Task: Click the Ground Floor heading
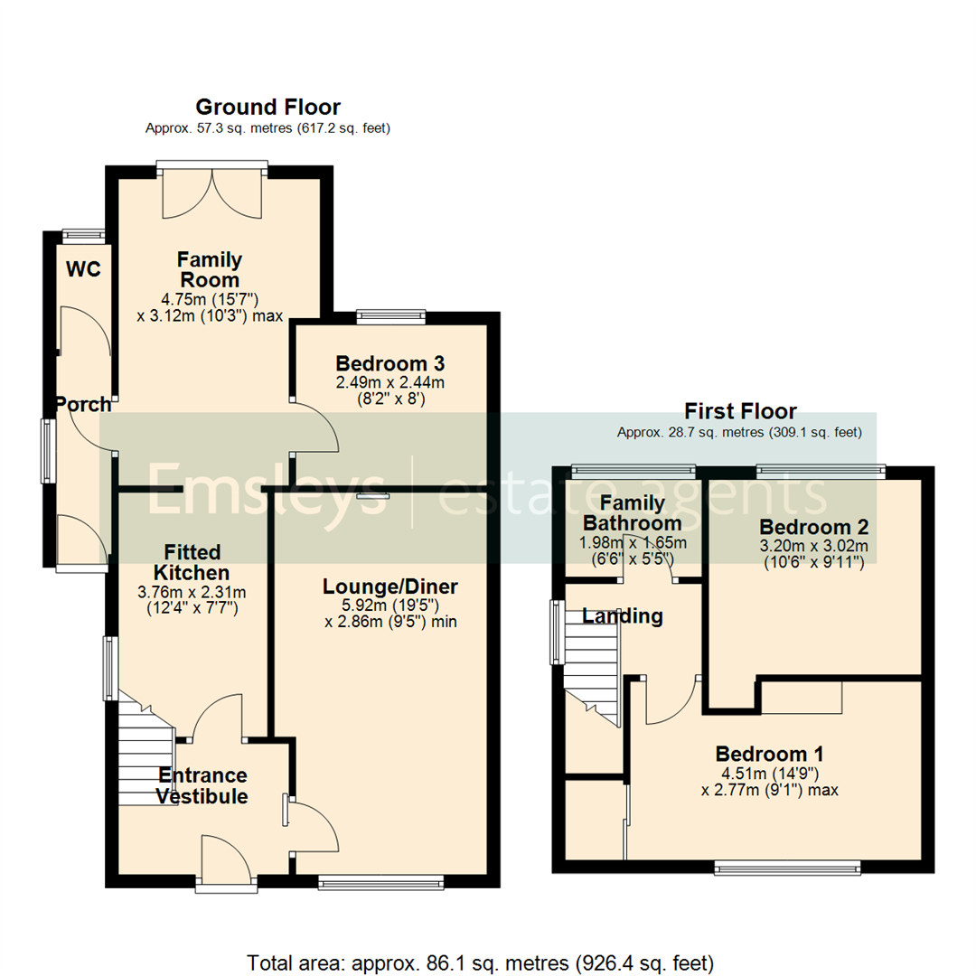pyautogui.click(x=267, y=108)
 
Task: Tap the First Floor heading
pyautogui.click(x=740, y=412)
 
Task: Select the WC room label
pyautogui.click(x=83, y=269)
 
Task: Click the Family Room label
pyautogui.click(x=210, y=269)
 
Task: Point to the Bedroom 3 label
pyautogui.click(x=389, y=363)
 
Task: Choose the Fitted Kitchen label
pyautogui.click(x=191, y=561)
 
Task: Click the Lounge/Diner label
pyautogui.click(x=390, y=587)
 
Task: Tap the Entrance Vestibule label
pyautogui.click(x=202, y=785)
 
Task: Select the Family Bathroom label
pyautogui.click(x=632, y=512)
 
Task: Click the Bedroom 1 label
pyautogui.click(x=769, y=754)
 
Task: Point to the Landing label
pyautogui.click(x=623, y=616)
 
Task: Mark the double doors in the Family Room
pyautogui.click(x=212, y=192)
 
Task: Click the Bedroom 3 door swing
pyautogui.click(x=316, y=427)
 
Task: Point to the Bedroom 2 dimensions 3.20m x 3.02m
pyautogui.click(x=813, y=546)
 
